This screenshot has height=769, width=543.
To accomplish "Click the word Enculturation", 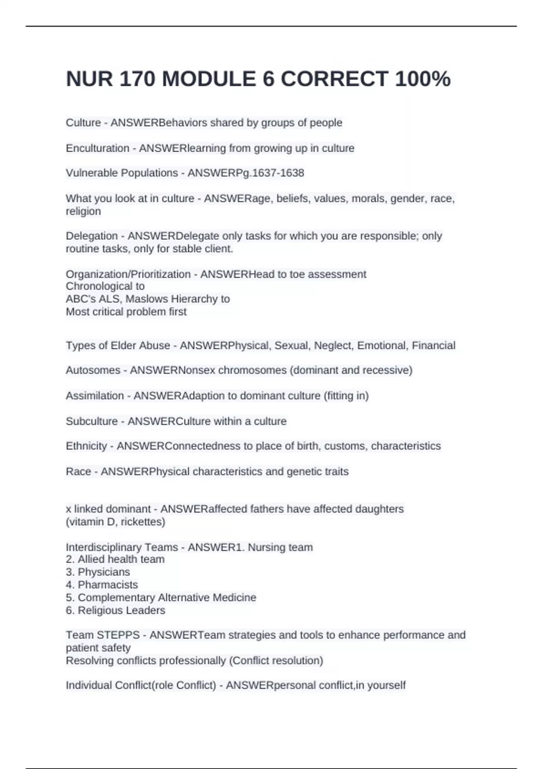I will point(97,148).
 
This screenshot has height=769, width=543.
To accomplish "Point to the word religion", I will point(83,211).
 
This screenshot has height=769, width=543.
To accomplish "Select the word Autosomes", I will point(93,370).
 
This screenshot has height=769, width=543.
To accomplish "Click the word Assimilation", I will point(95,396).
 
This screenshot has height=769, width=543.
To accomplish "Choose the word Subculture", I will point(92,421).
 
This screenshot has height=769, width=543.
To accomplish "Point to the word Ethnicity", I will point(86,446).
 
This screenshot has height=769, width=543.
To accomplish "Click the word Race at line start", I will point(78,471).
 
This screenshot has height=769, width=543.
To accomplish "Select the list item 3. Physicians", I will point(98,572).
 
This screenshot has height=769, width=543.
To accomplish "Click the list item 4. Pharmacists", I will point(102,584).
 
